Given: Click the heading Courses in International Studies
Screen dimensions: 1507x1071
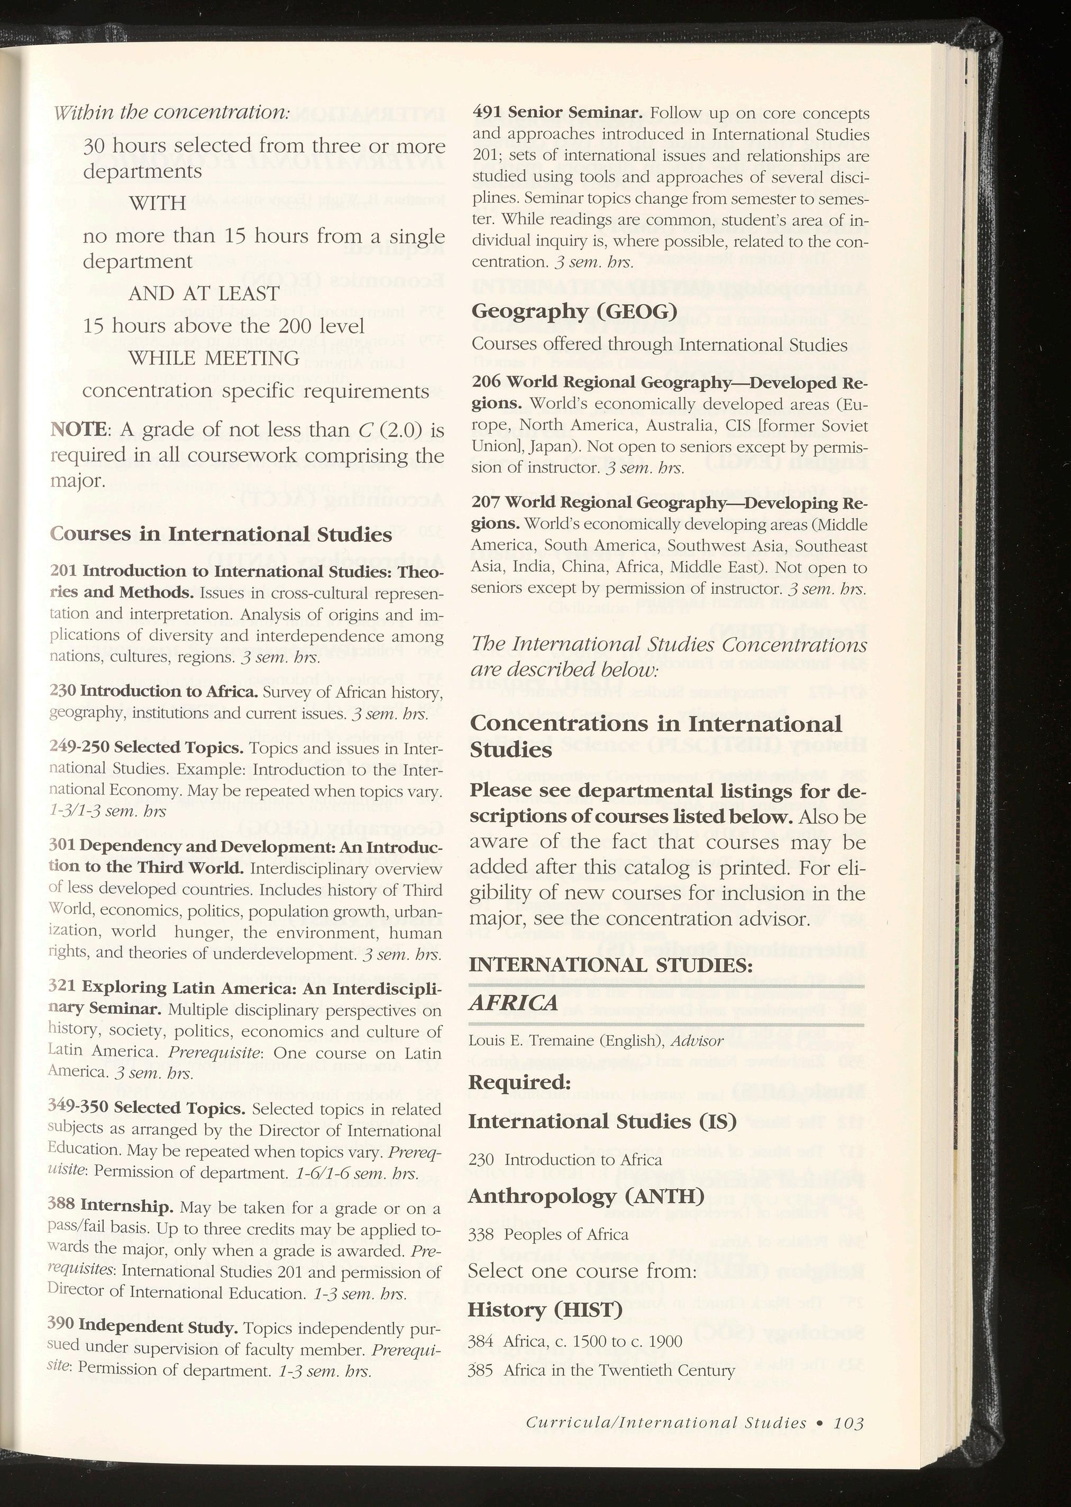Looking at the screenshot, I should [221, 534].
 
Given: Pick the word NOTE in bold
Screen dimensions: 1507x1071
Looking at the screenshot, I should [75, 430].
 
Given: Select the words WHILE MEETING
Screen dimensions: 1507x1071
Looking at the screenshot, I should [214, 359].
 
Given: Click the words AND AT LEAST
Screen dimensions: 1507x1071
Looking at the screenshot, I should [204, 294].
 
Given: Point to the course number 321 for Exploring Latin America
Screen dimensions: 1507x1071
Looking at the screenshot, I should [62, 988].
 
